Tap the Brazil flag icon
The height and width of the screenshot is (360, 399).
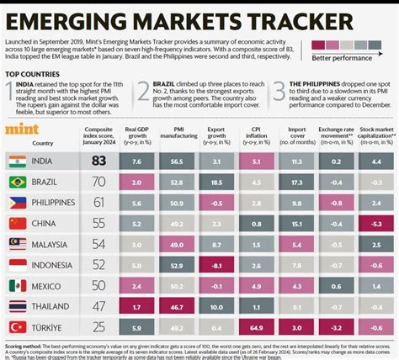[16, 181]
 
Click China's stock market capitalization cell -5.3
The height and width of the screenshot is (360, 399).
[376, 222]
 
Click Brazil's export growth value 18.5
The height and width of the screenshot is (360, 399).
[216, 181]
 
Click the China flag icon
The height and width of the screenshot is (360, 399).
[16, 222]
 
